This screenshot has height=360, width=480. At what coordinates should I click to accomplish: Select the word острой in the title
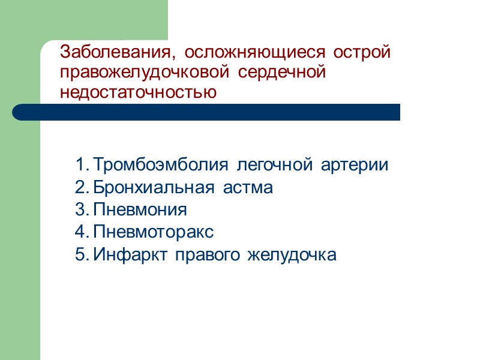coord(364,53)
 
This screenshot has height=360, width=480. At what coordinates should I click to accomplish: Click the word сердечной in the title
coord(281,73)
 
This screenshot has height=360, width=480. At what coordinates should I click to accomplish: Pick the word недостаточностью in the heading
coord(139,93)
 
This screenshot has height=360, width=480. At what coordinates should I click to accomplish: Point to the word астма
coord(248,188)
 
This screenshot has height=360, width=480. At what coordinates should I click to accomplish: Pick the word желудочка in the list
coord(292,255)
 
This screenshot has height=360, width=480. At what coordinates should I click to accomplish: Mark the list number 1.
coord(82,165)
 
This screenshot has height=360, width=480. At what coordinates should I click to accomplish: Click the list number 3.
coord(82,210)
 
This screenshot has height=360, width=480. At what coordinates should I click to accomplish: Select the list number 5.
coord(82,255)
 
